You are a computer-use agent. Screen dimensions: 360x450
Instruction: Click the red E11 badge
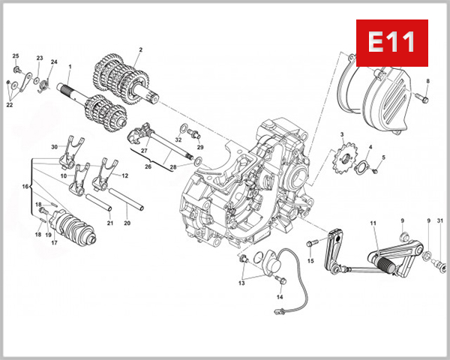click(391, 43)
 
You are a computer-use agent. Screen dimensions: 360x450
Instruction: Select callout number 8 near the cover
click(427, 81)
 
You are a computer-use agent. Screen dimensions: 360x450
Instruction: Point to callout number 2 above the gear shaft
click(139, 49)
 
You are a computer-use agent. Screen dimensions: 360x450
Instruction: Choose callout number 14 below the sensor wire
click(279, 297)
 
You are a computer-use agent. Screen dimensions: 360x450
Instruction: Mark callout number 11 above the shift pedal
click(373, 223)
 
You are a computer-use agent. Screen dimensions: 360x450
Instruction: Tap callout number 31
click(440, 220)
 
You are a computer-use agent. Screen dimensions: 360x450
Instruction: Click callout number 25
click(16, 56)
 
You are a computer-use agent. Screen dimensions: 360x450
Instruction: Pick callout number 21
click(109, 223)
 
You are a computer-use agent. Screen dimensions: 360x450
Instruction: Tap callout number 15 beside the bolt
click(310, 260)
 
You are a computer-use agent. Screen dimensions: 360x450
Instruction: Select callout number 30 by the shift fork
click(54, 146)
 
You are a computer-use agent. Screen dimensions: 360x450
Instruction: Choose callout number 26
click(148, 166)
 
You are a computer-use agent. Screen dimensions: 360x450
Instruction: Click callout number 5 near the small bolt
click(382, 157)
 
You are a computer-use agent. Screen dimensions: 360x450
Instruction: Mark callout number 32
click(178, 139)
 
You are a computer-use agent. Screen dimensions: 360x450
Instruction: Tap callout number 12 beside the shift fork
click(124, 175)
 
